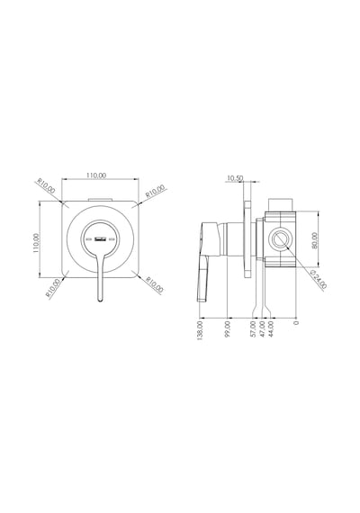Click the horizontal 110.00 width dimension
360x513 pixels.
click(x=96, y=175)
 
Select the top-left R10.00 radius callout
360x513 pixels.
click(x=47, y=185)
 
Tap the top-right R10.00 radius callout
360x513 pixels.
click(x=155, y=191)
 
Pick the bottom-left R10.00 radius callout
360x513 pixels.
click(x=53, y=288)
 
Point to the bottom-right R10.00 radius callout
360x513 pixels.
click(x=155, y=284)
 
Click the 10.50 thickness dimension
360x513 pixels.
click(x=235, y=178)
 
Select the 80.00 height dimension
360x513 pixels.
click(x=314, y=240)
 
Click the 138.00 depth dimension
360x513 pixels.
click(x=201, y=330)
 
